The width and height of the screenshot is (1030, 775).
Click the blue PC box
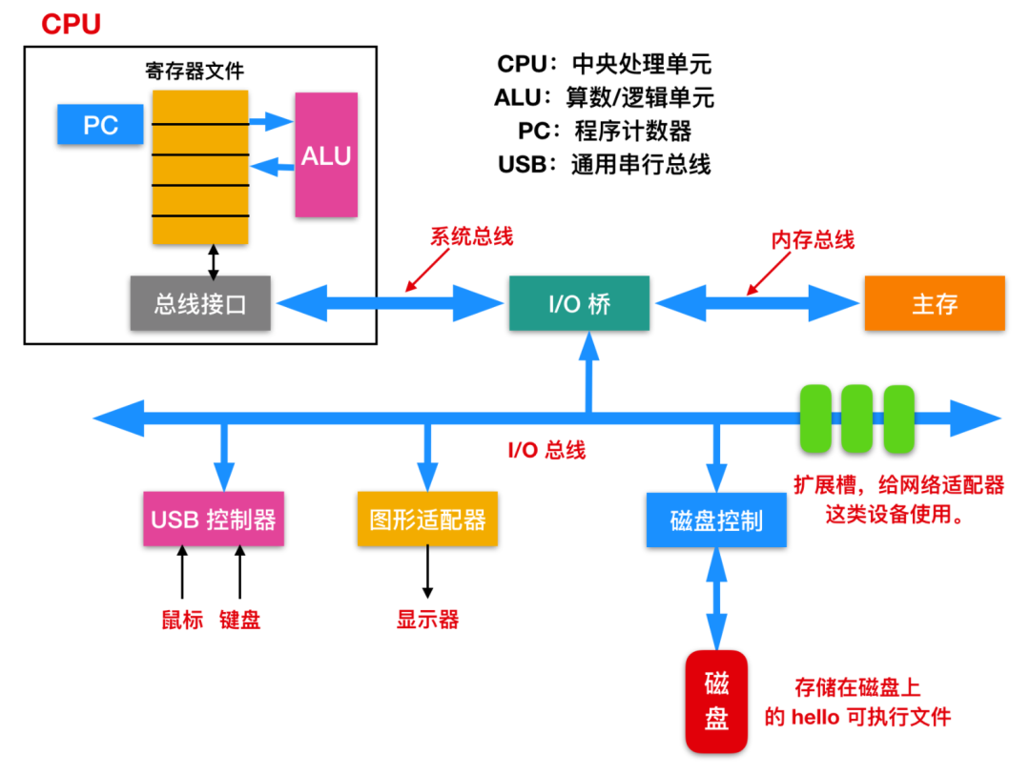(100, 125)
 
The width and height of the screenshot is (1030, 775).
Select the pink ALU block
(326, 154)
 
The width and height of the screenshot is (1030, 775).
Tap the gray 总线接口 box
(200, 304)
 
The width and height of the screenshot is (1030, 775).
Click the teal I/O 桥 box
(579, 304)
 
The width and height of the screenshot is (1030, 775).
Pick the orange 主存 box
(934, 303)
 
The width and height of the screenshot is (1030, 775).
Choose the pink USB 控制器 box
(213, 520)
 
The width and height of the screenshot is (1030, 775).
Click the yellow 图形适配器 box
(427, 520)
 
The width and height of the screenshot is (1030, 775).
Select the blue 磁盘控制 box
(716, 520)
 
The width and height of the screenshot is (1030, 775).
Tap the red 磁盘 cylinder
(717, 700)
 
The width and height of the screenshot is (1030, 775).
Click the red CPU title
(71, 25)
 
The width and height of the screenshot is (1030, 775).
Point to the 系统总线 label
(471, 236)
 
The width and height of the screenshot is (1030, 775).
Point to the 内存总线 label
(813, 240)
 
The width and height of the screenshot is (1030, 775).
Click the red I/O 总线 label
(546, 450)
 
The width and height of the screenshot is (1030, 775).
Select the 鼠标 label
(182, 620)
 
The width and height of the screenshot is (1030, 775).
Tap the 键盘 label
(239, 620)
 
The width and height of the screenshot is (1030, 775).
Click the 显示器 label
(427, 620)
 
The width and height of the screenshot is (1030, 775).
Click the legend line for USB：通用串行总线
(604, 164)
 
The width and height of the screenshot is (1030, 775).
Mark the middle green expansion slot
(856, 418)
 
